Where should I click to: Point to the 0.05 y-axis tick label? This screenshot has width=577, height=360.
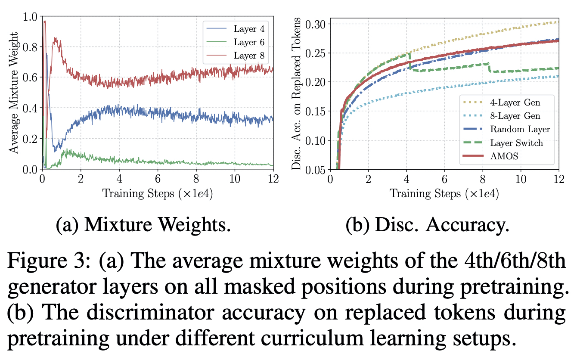pos(316,169)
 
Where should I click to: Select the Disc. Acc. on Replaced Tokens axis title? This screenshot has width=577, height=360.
pos(297,93)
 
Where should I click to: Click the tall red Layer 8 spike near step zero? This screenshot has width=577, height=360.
pos(44,22)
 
